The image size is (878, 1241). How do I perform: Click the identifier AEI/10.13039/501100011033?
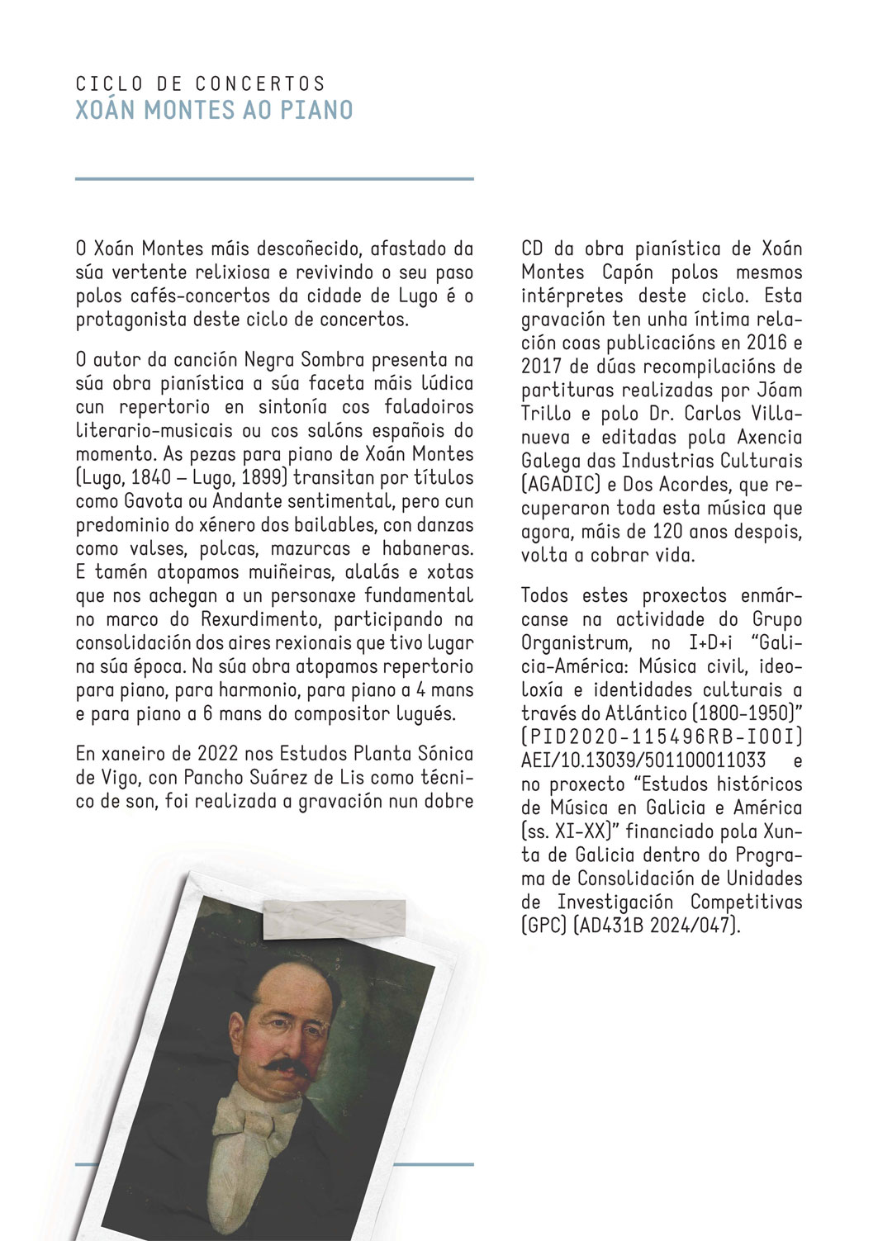[643, 760]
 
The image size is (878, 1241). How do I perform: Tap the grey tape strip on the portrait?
[335, 918]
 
